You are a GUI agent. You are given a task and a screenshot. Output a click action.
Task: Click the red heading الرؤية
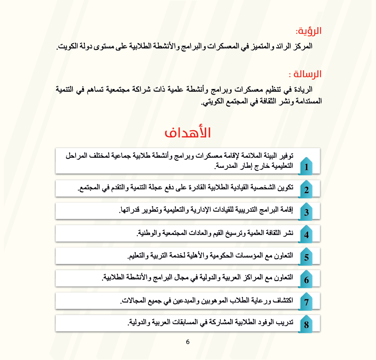pyautogui.click(x=309, y=31)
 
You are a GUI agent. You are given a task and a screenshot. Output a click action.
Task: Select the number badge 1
pyautogui.click(x=306, y=167)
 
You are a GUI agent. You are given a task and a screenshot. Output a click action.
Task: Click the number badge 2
pyautogui.click(x=306, y=190)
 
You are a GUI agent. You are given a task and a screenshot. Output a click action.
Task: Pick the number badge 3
pyautogui.click(x=306, y=212)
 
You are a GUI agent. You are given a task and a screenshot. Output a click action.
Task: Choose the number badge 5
pyautogui.click(x=306, y=257)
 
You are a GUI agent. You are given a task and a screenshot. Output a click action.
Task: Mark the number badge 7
pyautogui.click(x=306, y=302)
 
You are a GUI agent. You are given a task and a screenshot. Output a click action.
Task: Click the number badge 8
pyautogui.click(x=306, y=324)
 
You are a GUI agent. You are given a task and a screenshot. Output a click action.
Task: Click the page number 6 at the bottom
pyautogui.click(x=188, y=342)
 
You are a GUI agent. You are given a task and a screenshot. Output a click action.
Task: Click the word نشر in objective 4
pyautogui.click(x=289, y=233)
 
